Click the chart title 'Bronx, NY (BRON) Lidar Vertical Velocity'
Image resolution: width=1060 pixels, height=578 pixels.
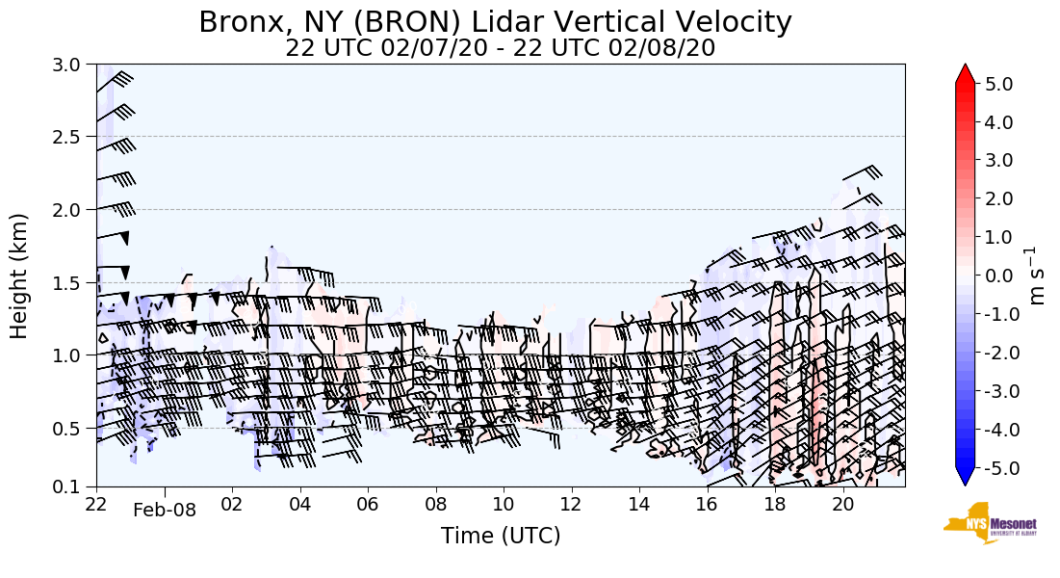click(495, 22)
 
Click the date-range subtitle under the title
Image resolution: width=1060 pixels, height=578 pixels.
click(500, 48)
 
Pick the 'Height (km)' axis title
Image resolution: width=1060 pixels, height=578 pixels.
click(20, 276)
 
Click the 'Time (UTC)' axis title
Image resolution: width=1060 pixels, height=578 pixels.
click(500, 536)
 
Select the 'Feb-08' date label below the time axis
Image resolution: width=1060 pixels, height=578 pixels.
click(165, 511)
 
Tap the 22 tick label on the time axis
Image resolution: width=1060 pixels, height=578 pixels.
click(96, 504)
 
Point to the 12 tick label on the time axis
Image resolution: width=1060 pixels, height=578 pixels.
click(571, 504)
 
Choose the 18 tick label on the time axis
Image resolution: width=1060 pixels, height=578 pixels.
click(774, 504)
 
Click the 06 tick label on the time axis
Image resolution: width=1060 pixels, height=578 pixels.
click(368, 504)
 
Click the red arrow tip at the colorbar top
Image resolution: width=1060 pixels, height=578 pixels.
click(966, 74)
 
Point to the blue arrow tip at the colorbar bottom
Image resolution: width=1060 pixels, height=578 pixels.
click(966, 477)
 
